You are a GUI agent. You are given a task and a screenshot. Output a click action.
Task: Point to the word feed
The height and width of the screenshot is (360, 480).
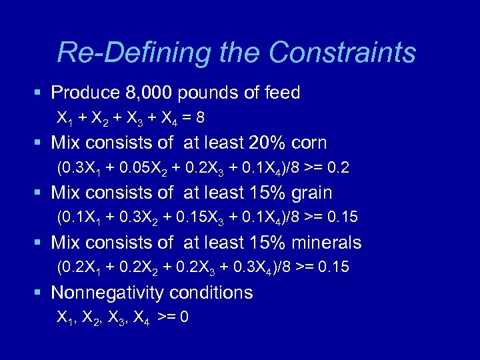(x=283, y=93)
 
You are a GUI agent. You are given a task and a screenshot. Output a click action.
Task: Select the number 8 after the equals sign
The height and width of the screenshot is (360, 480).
(x=200, y=118)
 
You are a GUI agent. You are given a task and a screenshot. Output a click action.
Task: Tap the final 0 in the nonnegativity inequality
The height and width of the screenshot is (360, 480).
(x=185, y=318)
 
